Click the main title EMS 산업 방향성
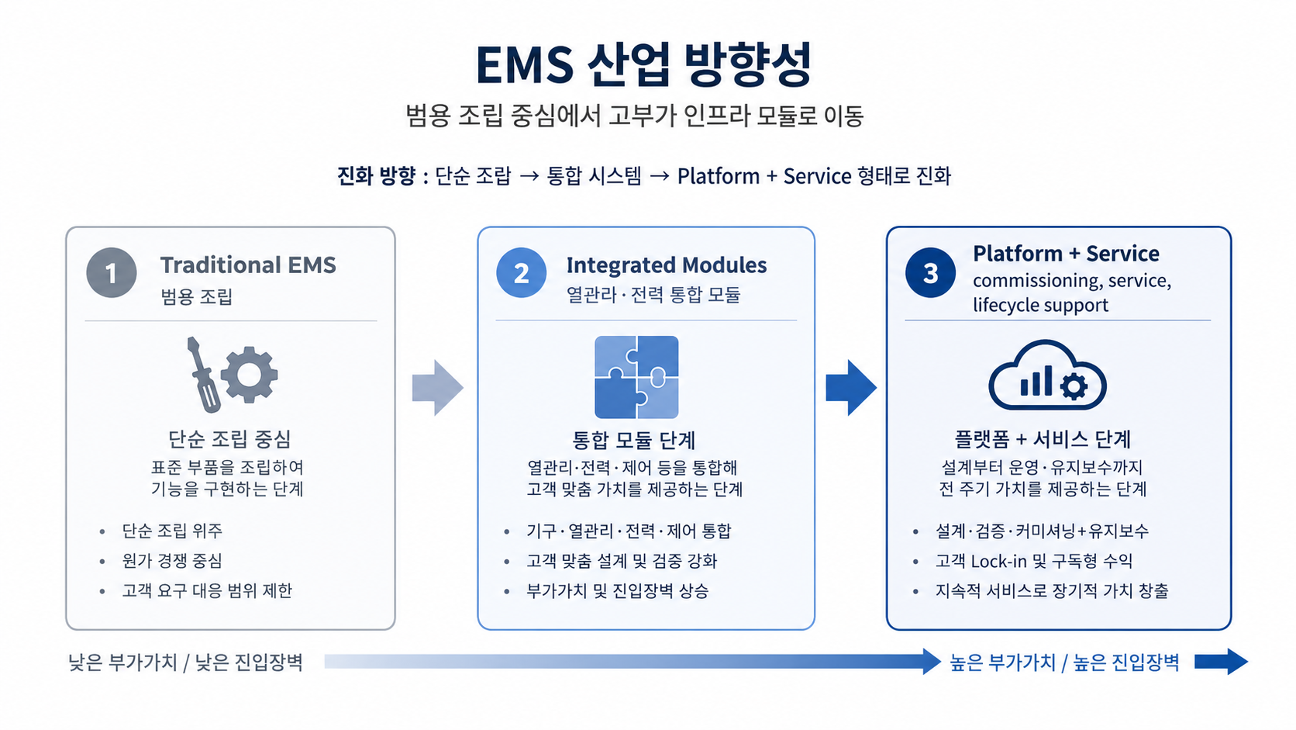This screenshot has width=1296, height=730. tap(643, 64)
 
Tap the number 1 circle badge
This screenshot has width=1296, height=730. tap(112, 273)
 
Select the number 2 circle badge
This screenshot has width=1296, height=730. tap(521, 273)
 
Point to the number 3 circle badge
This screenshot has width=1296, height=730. tap(930, 273)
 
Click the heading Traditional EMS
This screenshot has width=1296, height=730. tap(248, 265)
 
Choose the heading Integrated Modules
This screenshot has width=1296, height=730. tap(666, 265)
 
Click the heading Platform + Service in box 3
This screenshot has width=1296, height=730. tap(1066, 254)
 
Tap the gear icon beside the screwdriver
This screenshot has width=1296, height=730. tap(250, 375)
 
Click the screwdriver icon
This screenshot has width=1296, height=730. tap(202, 373)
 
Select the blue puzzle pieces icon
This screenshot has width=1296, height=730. tap(636, 377)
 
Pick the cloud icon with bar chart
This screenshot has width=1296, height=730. tap(1046, 376)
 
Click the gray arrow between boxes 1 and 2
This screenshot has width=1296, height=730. tap(437, 387)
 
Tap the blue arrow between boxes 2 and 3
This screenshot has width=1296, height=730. tap(850, 387)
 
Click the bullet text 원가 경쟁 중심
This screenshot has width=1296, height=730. tap(172, 561)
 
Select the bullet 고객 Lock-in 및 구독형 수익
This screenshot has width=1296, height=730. tap(1033, 561)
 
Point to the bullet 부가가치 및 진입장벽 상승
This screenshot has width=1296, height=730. tap(617, 591)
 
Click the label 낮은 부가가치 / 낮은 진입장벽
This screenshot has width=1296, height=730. tap(185, 663)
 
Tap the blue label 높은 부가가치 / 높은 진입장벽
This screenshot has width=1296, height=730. tap(1064, 663)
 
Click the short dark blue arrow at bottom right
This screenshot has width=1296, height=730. tap(1221, 662)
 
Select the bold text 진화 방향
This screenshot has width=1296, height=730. tap(377, 176)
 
